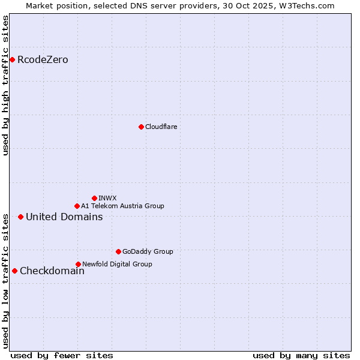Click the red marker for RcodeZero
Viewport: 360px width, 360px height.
12,59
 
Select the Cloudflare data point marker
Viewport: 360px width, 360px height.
141,127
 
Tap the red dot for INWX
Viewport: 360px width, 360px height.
94,198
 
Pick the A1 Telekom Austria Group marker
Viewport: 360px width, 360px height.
77,206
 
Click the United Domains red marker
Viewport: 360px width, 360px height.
20,217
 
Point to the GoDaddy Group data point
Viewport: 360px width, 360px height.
118,251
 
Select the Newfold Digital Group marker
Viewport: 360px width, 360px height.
78,264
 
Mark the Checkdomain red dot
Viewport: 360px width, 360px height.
14,271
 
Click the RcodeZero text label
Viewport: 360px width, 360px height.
43,59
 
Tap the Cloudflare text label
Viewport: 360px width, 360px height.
161,127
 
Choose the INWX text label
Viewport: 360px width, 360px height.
107,198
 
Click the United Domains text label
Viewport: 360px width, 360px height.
64,217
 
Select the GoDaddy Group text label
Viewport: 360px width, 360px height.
148,251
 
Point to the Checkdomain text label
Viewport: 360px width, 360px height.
52,271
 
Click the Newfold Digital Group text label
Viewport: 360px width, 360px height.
117,264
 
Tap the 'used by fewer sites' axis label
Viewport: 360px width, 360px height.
62,355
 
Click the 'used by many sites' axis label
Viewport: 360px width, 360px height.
301,355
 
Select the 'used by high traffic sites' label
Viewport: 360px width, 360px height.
5,85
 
